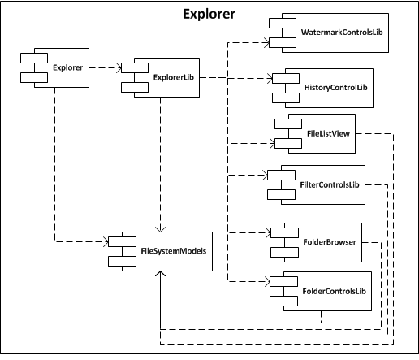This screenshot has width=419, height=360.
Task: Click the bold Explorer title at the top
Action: click(209, 14)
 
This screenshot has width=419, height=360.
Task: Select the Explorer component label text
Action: click(67, 67)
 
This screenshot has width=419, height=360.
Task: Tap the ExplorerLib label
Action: click(174, 77)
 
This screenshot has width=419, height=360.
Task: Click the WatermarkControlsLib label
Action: click(342, 33)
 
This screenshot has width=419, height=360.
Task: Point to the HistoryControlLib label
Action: click(335, 88)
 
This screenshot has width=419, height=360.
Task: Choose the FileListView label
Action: click(328, 133)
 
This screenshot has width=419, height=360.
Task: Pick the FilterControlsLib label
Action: click(330, 184)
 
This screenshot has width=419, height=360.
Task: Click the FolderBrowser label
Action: click(330, 242)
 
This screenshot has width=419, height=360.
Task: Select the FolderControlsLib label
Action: click(334, 291)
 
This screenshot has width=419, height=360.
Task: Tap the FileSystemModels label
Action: click(174, 251)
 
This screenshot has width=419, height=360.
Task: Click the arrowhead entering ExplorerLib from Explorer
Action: click(119, 67)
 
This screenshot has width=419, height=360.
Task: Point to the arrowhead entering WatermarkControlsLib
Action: click(266, 42)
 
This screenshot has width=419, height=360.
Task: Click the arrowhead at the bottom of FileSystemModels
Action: click(161, 273)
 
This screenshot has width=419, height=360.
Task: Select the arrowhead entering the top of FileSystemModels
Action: click(161, 229)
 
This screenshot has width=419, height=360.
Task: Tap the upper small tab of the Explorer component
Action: click(34, 58)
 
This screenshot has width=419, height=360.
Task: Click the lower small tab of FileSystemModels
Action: click(122, 262)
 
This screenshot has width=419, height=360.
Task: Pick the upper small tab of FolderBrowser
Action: click(284, 232)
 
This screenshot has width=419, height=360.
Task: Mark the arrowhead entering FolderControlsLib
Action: click(267, 282)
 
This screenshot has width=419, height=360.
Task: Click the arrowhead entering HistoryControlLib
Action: click(270, 79)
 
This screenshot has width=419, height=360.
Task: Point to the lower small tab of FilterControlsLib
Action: click(281, 195)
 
